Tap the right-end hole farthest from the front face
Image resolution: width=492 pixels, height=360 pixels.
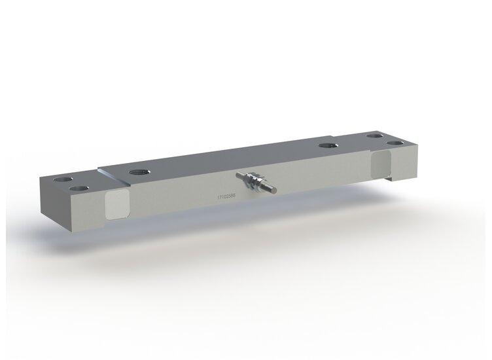[x=374, y=135]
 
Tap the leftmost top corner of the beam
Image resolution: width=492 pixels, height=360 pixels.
[x=39, y=177]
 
